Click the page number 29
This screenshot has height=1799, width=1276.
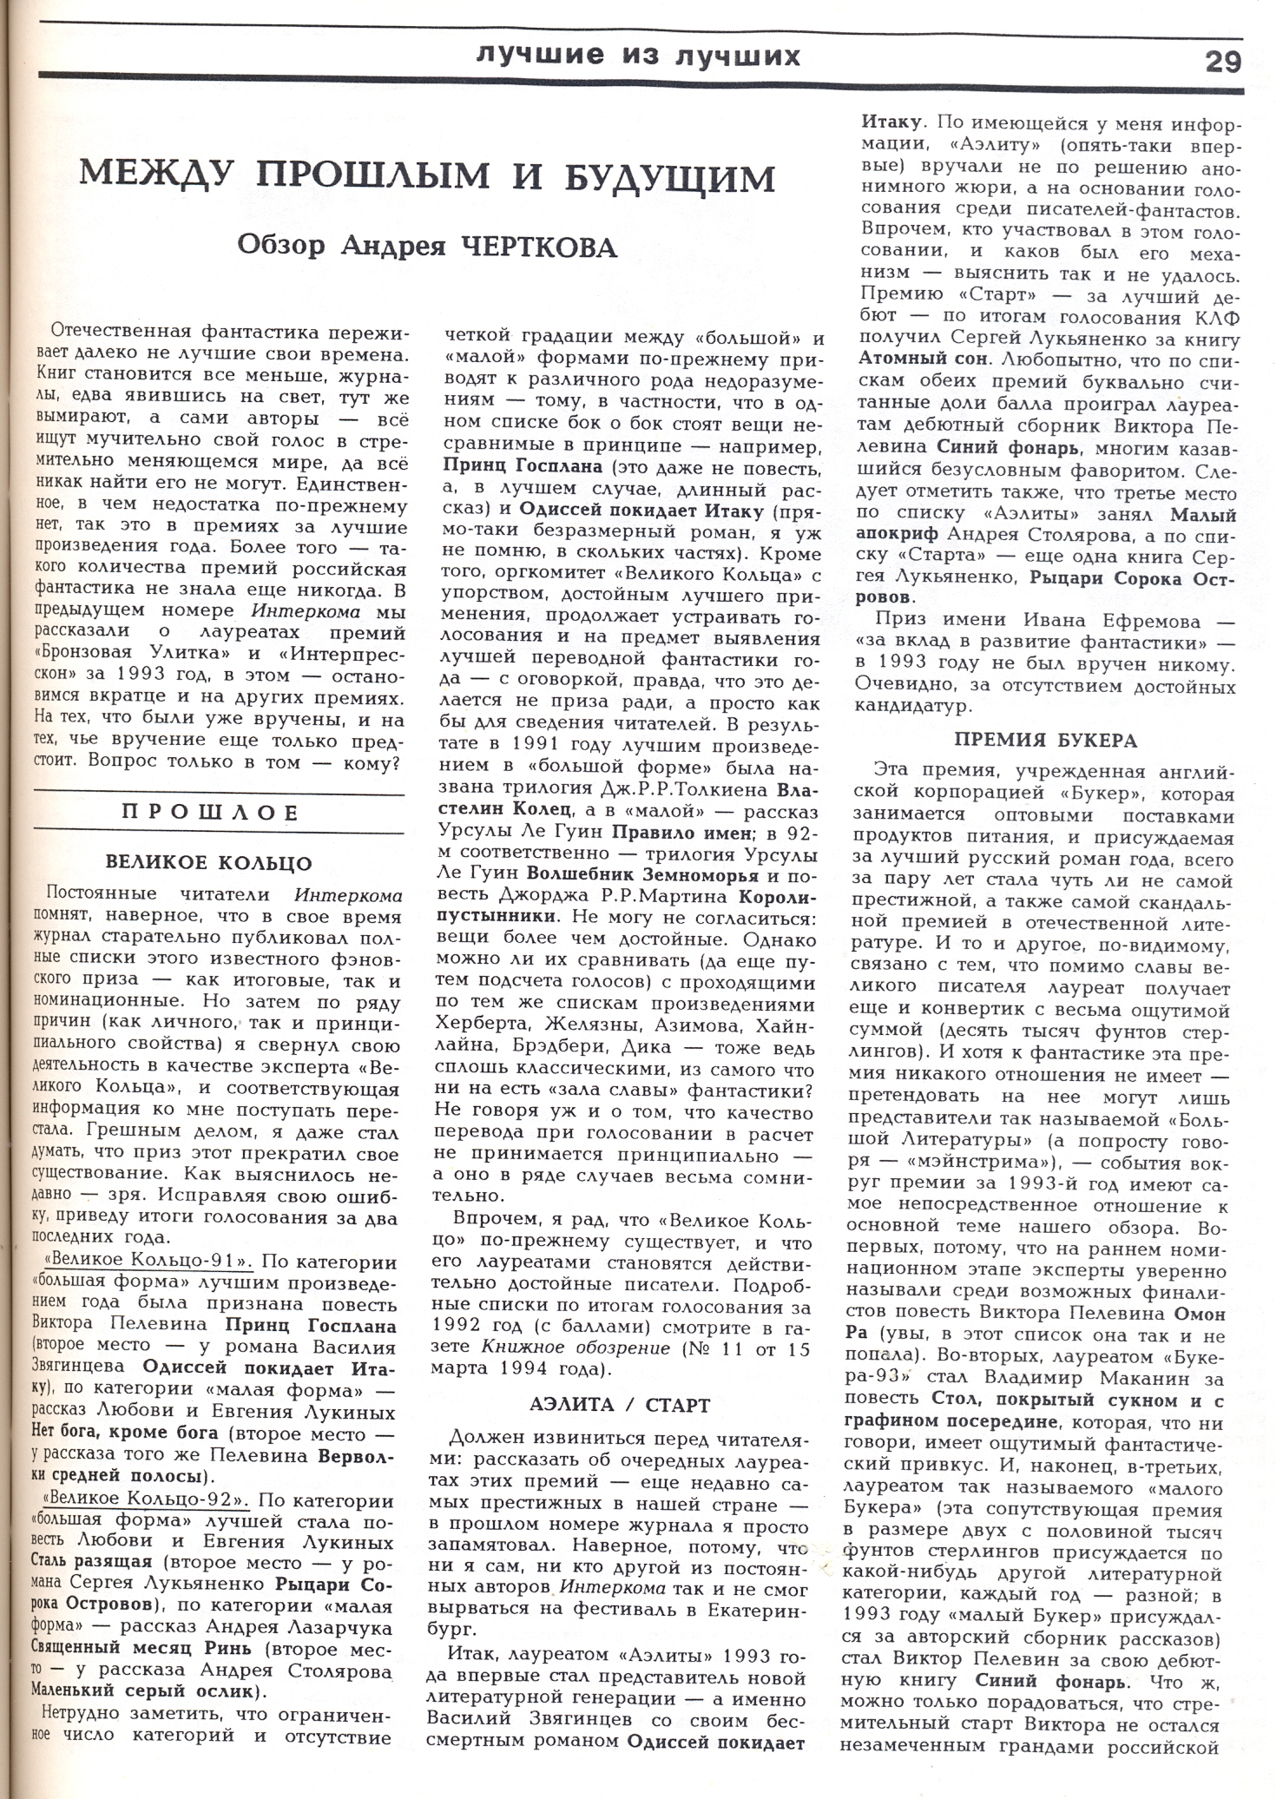tap(1222, 62)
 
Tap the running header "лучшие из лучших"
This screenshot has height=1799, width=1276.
tap(638, 56)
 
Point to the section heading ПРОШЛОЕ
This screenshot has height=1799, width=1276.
tap(210, 813)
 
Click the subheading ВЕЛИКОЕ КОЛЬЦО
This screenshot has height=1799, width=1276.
tap(208, 862)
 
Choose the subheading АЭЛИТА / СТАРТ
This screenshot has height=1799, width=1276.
tap(619, 1405)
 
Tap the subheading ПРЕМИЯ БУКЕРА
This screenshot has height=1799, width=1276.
tap(1046, 741)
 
